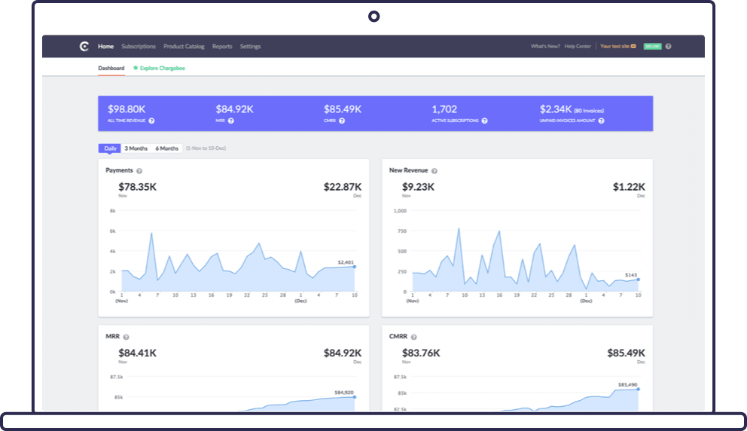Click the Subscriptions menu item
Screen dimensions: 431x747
139,47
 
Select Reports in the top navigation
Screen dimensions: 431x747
222,47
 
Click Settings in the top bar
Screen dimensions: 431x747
250,47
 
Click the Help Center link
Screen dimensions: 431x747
578,47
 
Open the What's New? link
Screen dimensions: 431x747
545,47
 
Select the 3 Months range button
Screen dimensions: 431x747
136,148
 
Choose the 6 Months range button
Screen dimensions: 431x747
167,148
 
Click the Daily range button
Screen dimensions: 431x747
110,148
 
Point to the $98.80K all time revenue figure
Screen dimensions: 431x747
127,109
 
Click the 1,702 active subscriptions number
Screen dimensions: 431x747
444,109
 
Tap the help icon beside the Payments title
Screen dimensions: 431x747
139,171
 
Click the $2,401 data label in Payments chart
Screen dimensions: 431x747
346,261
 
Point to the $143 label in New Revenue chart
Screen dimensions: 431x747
631,275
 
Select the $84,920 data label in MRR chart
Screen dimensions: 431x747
343,392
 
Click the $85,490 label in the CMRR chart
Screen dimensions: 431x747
628,385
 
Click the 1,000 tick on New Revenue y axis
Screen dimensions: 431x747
401,211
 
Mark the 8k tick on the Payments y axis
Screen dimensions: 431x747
112,211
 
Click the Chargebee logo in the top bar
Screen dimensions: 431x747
84,47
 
